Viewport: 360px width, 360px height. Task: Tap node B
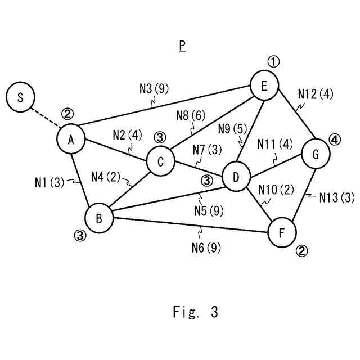(x=99, y=219)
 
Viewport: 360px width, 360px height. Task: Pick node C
(x=160, y=162)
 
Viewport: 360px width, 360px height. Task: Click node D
(x=236, y=178)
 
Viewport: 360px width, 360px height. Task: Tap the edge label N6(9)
(x=205, y=246)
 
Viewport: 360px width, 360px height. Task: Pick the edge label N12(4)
(x=316, y=93)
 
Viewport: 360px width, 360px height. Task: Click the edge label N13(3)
(x=336, y=197)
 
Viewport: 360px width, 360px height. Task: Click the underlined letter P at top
(x=182, y=46)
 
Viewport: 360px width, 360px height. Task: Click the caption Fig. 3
(x=195, y=312)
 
